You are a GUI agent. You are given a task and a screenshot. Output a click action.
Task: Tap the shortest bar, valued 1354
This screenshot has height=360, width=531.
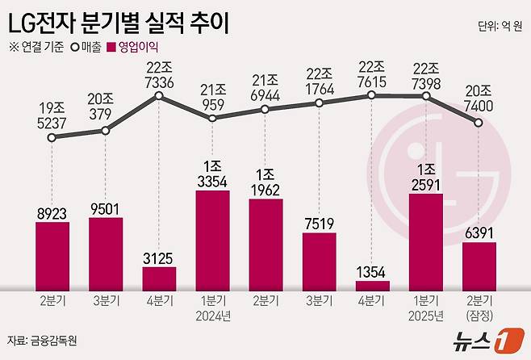coord(372,285)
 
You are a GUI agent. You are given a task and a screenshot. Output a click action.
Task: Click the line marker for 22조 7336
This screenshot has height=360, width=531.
coord(159,97)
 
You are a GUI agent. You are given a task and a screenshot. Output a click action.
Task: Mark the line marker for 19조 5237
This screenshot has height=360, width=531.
coord(52,138)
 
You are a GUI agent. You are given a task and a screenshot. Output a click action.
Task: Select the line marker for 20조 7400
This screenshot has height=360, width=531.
coord(479,123)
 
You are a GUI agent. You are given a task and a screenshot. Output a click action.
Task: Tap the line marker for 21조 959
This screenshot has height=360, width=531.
coord(212,118)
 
